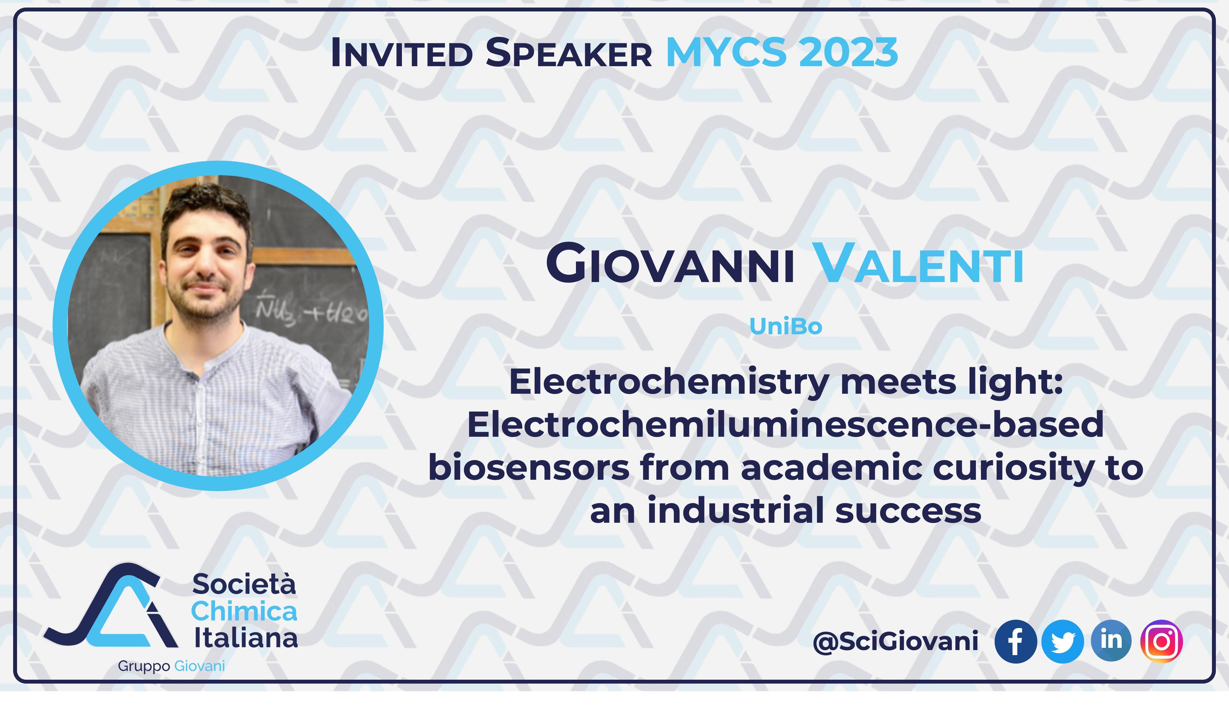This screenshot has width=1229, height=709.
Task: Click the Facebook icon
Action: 1016,641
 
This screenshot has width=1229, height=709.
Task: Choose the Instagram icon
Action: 1161,641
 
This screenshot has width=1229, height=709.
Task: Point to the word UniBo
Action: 785,326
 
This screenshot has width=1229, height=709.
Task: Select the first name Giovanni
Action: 670,263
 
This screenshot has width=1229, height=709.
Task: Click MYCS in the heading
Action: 726,52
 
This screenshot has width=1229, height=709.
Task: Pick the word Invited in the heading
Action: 402,52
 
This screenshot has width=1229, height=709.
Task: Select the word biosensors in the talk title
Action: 529,467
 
